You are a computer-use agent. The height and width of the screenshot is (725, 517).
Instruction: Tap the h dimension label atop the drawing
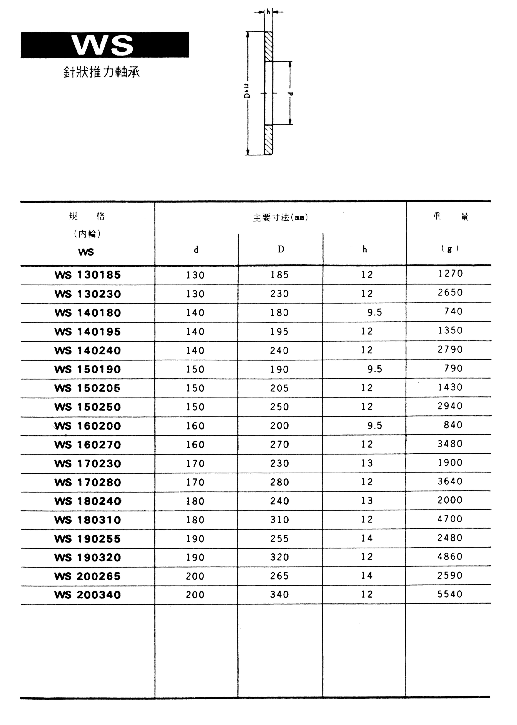[268, 12]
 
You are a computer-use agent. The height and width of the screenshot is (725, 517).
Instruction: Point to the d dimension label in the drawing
[291, 93]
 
